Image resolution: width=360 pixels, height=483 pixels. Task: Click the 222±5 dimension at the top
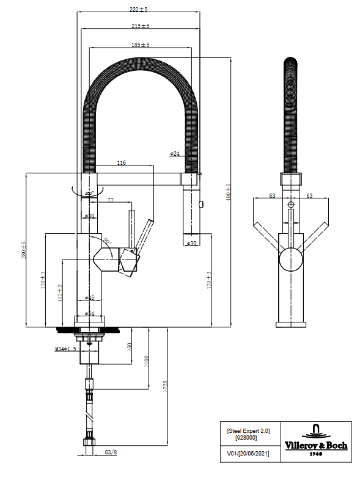(139, 10)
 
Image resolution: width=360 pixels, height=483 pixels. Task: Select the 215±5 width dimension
(140, 26)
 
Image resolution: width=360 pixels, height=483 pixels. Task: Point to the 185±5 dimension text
(140, 45)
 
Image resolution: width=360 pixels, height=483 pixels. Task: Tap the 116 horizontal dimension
(121, 163)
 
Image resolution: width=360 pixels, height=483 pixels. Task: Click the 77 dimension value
(111, 200)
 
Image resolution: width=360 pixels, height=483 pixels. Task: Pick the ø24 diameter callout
(174, 154)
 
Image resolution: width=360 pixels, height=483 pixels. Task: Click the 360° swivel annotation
(89, 193)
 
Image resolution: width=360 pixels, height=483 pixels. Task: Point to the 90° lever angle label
(108, 242)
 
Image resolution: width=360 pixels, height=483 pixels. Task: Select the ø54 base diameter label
(89, 313)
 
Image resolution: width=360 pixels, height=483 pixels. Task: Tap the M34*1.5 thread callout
(65, 349)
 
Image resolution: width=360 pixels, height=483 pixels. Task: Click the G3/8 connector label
(111, 453)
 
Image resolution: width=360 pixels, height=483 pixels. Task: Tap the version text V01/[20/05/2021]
(248, 454)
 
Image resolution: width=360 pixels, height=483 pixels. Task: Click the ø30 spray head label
(191, 244)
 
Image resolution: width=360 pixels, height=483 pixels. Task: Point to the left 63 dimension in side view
(272, 196)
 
